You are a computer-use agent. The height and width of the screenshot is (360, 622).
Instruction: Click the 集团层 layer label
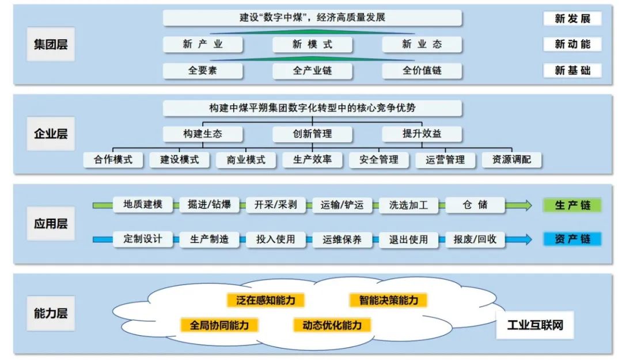point(51,44)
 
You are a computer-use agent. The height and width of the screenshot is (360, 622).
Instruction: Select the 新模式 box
point(312,44)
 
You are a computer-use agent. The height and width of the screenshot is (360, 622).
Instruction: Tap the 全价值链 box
point(422,71)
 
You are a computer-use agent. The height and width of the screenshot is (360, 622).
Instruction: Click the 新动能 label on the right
point(572,44)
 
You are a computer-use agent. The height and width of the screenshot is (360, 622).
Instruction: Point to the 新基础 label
point(572,71)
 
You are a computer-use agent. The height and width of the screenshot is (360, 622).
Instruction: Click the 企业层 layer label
point(51,134)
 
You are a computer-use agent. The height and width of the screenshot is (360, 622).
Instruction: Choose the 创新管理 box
point(312,134)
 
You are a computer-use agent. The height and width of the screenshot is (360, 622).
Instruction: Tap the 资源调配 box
point(511,160)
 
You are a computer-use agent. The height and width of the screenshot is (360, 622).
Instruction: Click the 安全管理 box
point(378,160)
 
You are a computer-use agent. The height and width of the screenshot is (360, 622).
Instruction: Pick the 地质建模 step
point(143,204)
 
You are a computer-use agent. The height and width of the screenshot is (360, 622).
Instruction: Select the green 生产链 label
point(572,205)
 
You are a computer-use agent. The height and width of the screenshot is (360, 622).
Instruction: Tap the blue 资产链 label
point(572,239)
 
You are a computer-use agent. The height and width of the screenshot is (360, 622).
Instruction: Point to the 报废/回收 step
point(475,239)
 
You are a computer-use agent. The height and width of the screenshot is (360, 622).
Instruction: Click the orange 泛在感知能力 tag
point(266,300)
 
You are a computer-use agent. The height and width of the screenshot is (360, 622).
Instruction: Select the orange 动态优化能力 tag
point(332,325)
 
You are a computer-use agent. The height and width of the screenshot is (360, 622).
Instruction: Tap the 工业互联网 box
point(535,325)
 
